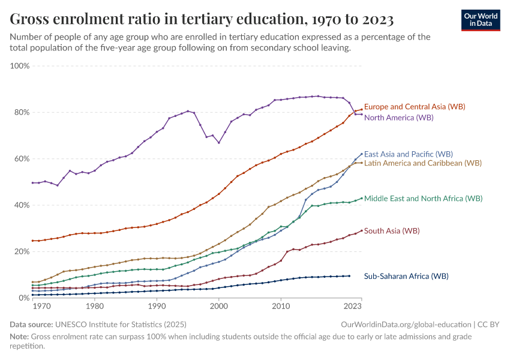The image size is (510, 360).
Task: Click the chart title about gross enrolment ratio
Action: (x=202, y=20)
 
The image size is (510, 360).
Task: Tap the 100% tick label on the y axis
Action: (x=20, y=65)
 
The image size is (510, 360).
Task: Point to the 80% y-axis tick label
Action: (x=22, y=112)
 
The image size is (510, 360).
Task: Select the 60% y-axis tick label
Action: (x=22, y=159)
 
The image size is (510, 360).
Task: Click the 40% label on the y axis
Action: (x=22, y=205)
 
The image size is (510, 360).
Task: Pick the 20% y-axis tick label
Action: (x=22, y=251)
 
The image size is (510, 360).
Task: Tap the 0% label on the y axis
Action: (x=24, y=298)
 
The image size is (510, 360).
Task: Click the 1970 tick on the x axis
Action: (x=41, y=307)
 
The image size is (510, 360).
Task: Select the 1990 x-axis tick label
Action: (x=157, y=307)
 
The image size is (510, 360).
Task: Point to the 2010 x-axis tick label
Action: (x=281, y=307)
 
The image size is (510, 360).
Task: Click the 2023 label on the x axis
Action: (x=353, y=307)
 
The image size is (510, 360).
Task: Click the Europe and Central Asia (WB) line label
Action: (x=415, y=107)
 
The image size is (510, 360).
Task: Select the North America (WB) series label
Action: (x=398, y=118)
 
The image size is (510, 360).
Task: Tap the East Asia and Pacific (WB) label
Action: (x=408, y=154)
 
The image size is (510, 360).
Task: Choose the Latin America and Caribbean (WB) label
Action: (x=422, y=163)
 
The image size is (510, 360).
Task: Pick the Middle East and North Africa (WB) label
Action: (x=423, y=198)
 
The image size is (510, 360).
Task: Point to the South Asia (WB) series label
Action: (x=391, y=231)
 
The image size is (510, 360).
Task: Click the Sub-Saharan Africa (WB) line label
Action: (x=406, y=277)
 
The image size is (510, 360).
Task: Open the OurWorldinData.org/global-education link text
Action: (x=401, y=325)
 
